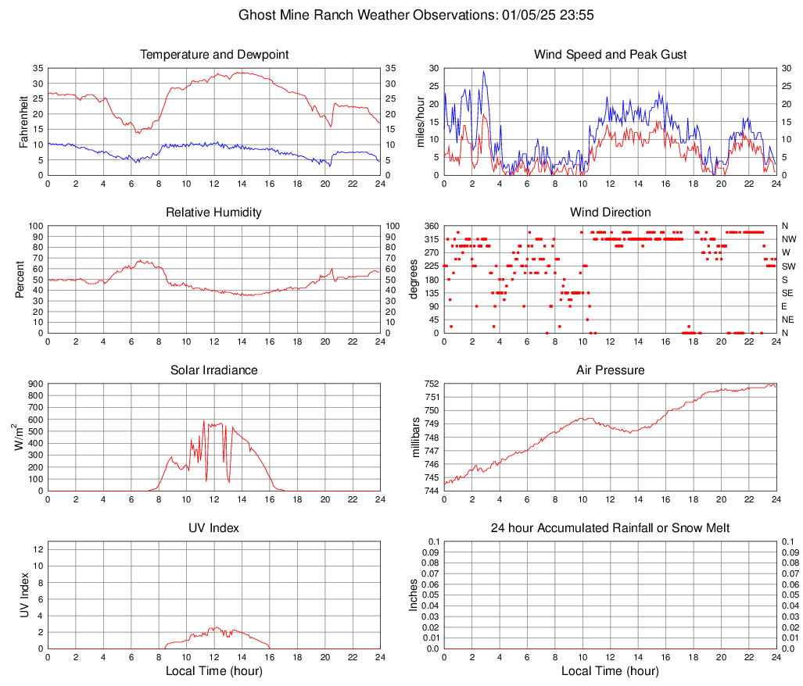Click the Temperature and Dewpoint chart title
click(214, 55)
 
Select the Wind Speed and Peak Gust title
click(610, 55)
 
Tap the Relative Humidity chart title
click(214, 213)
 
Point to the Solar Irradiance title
click(214, 370)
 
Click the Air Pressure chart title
click(610, 370)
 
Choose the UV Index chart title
click(214, 528)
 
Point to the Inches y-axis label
click(415, 595)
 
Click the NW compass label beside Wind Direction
click(789, 239)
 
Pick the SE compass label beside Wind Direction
click(788, 293)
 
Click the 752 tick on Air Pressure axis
click(432, 384)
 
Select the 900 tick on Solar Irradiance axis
click(34, 384)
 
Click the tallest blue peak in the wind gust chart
click(484, 72)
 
